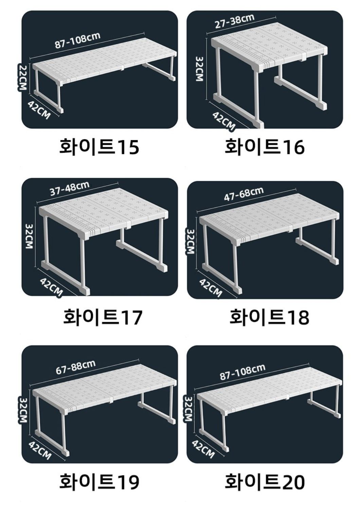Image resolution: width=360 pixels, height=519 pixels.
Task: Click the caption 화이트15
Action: pyautogui.click(x=99, y=147)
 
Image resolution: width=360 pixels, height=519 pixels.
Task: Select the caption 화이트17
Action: pyautogui.click(x=103, y=317)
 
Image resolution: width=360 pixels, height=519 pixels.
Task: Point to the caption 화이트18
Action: pyautogui.click(x=269, y=317)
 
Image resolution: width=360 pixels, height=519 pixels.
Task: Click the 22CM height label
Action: pyautogui.click(x=23, y=77)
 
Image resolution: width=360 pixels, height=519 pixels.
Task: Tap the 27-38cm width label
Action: pyautogui.click(x=235, y=21)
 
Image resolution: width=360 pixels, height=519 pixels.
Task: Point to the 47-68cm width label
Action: pyautogui.click(x=244, y=194)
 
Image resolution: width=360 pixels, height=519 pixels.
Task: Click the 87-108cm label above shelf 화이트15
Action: pyautogui.click(x=77, y=40)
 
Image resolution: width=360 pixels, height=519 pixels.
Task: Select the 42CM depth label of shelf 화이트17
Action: pyautogui.click(x=51, y=287)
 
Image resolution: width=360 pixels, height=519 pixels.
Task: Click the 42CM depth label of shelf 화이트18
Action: pyautogui.click(x=211, y=288)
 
